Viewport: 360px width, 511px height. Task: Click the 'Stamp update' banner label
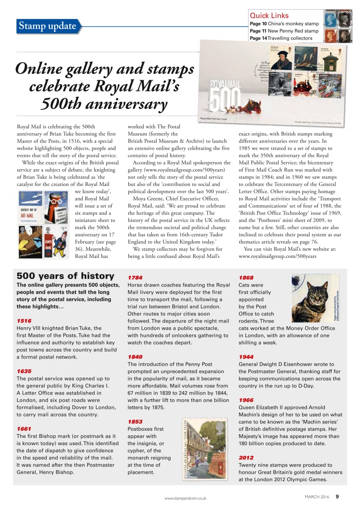coord(47,26)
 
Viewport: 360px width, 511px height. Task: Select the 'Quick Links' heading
coord(269,16)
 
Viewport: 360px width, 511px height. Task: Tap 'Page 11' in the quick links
coord(258,31)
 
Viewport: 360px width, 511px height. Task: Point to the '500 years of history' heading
coord(65,276)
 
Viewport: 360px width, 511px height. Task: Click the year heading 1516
coord(24,321)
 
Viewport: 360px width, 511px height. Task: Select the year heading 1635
coord(24,371)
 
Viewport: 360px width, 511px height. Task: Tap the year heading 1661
coord(24,429)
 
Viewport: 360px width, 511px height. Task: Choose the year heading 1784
coord(135,277)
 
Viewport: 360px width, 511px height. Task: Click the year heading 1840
coord(135,357)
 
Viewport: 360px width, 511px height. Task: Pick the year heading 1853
coord(135,422)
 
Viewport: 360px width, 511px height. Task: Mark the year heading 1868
coord(246,277)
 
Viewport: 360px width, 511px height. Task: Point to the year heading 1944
coord(246,357)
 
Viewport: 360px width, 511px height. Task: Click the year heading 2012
coord(246,458)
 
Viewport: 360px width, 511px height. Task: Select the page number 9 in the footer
coord(337,497)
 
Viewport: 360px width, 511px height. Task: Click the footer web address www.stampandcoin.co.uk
coord(185,498)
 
